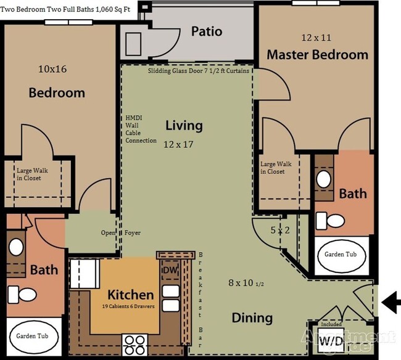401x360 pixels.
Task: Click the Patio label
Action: pos(206,31)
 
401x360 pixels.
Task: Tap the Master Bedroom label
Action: pos(317,54)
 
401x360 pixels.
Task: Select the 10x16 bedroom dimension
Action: pos(52,68)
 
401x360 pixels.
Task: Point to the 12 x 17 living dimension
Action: pos(179,145)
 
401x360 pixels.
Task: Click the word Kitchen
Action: pos(130,293)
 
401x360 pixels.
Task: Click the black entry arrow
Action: pos(391,301)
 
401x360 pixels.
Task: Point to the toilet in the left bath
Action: pos(27,295)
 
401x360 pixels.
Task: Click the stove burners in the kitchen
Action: pos(135,340)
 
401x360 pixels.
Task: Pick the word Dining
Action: pos(252,318)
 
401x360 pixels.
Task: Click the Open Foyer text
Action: pos(121,233)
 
